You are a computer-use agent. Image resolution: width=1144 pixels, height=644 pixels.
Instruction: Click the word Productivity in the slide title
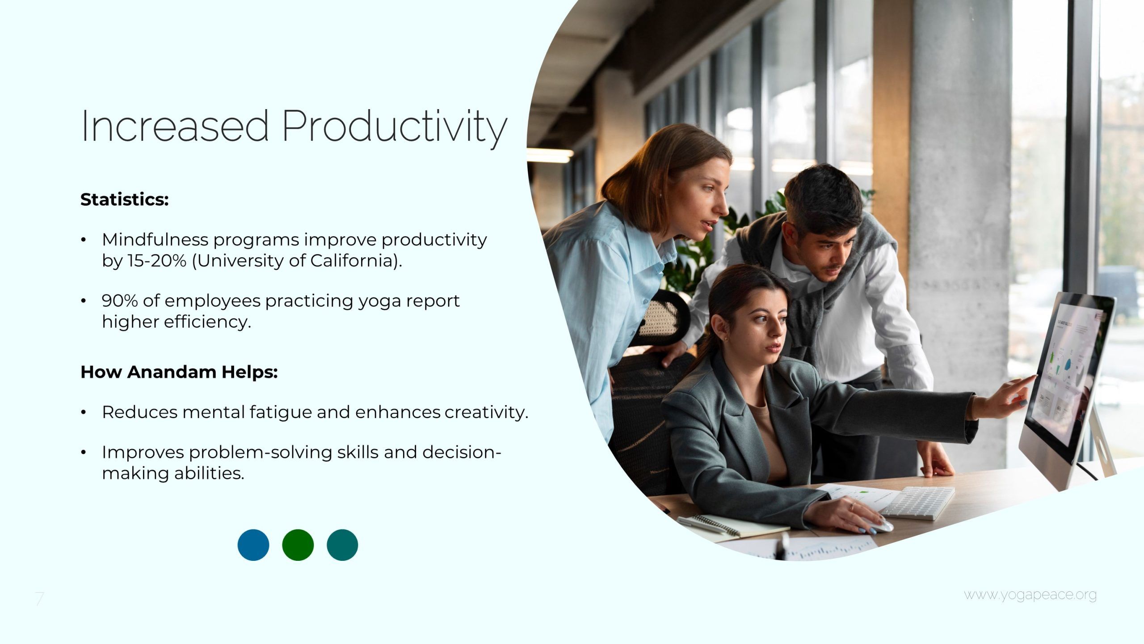coord(395,127)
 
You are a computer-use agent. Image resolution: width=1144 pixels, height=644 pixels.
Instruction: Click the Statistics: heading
coord(125,199)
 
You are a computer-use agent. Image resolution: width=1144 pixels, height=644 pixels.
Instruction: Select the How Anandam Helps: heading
coord(179,372)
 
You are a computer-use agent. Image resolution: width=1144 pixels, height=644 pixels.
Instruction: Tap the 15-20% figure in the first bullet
coord(157,261)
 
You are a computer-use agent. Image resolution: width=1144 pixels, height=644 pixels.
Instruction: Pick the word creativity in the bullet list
coord(486,412)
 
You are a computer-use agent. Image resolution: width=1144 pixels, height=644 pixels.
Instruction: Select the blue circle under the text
coord(253,545)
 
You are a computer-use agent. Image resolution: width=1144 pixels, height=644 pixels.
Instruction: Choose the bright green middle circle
coord(298,545)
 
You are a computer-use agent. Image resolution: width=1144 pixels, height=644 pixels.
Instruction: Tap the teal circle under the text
coord(342,545)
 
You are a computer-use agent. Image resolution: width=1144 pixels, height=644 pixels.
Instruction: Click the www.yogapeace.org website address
coord(1030,595)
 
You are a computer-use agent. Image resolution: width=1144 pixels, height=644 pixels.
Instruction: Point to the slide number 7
coord(40,598)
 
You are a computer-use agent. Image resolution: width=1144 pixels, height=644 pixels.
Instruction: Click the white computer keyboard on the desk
coord(916,503)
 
